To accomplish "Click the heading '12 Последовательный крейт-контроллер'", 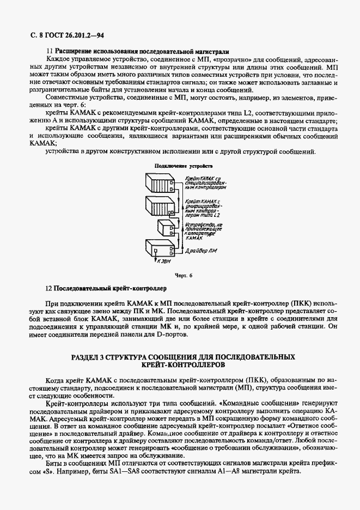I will tap(106, 287).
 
